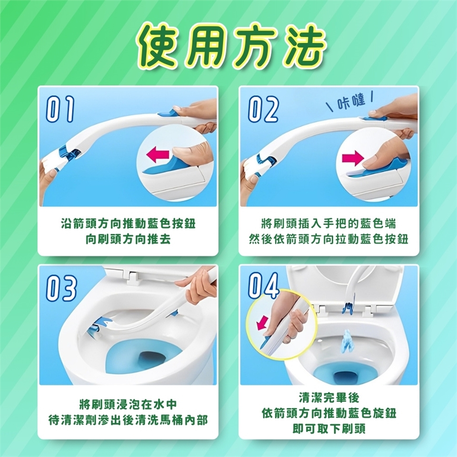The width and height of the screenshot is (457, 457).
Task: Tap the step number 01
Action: pos(60,109)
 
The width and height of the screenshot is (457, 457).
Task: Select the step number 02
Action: pos(263,109)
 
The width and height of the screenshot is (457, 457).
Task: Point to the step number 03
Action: pos(61,288)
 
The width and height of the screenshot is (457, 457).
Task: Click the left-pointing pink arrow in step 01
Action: pos(158,154)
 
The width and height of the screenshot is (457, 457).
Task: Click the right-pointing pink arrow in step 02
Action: pos(353,158)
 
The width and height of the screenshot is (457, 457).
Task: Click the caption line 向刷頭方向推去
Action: pos(128,239)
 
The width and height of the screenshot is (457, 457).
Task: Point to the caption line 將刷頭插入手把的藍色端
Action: pos(328,224)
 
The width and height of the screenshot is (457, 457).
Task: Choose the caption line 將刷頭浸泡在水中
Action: pos(128,405)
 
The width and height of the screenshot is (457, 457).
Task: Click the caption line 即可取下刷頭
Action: pos(329,429)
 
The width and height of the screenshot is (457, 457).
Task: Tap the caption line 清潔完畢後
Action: pos(329,397)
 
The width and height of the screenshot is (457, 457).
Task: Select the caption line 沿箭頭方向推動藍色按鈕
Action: pos(128,224)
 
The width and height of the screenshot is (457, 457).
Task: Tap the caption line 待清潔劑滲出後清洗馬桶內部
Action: pos(128,420)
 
